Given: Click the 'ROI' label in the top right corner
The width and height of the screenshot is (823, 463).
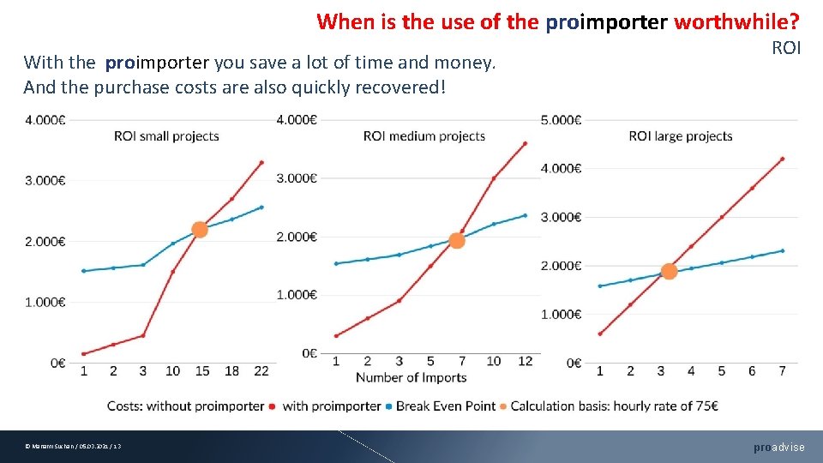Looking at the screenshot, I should pyautogui.click(x=786, y=48).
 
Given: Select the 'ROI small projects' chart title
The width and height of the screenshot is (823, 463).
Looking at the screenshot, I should pyautogui.click(x=166, y=136).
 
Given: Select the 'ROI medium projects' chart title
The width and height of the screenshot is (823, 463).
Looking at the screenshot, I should pyautogui.click(x=424, y=136).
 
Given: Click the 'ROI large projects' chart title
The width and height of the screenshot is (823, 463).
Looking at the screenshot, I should pyautogui.click(x=680, y=136).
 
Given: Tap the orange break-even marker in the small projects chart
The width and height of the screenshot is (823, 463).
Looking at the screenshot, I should pyautogui.click(x=200, y=229).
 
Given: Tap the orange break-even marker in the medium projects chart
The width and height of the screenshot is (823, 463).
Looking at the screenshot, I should pyautogui.click(x=457, y=241).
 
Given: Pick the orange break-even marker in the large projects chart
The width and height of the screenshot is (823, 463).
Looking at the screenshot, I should pyautogui.click(x=669, y=271).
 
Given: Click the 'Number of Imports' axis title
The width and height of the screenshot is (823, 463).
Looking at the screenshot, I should pyautogui.click(x=411, y=377).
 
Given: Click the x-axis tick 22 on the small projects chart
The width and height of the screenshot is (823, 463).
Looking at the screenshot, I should pyautogui.click(x=261, y=371).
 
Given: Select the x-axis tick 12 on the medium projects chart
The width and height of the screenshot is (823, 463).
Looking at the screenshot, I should pyautogui.click(x=525, y=361).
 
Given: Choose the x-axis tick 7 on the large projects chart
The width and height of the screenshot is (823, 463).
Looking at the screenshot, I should pyautogui.click(x=781, y=371).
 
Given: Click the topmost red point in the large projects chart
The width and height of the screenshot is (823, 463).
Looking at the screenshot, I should pyautogui.click(x=782, y=159).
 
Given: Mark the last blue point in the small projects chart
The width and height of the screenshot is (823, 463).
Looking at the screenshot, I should pyautogui.click(x=261, y=207).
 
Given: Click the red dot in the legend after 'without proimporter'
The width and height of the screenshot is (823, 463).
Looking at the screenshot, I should pyautogui.click(x=272, y=406).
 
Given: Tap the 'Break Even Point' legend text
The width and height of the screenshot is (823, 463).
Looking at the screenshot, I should pyautogui.click(x=446, y=406).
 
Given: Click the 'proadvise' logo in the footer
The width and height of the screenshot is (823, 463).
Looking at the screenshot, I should pyautogui.click(x=778, y=447).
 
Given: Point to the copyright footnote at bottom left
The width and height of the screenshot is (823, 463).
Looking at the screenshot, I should pyautogui.click(x=73, y=447).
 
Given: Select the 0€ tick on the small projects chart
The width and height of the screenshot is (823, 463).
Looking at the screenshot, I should pyautogui.click(x=57, y=363).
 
